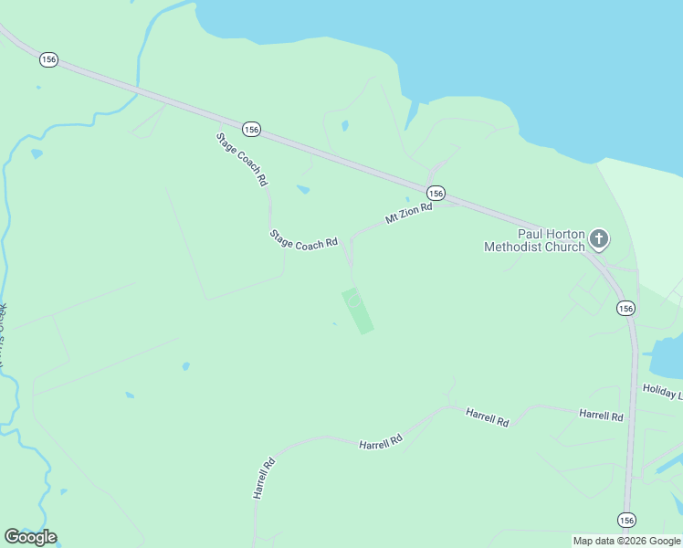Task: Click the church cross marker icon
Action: [x=599, y=238]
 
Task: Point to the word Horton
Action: [x=564, y=234]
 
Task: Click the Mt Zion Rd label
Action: [x=407, y=215]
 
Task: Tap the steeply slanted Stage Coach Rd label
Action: [x=242, y=160]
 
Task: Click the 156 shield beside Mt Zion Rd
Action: [x=436, y=193]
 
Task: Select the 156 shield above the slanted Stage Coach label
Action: [x=251, y=130]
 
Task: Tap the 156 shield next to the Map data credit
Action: [x=625, y=520]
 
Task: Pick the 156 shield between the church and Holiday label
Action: [x=625, y=309]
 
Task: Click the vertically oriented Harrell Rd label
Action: [x=263, y=478]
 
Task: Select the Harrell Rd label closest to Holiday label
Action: [x=601, y=415]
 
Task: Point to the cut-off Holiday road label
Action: [x=662, y=391]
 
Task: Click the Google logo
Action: [x=30, y=537]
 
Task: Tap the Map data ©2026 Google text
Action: [x=626, y=541]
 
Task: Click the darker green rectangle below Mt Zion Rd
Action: [x=358, y=311]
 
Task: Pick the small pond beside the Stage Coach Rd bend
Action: [x=303, y=190]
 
